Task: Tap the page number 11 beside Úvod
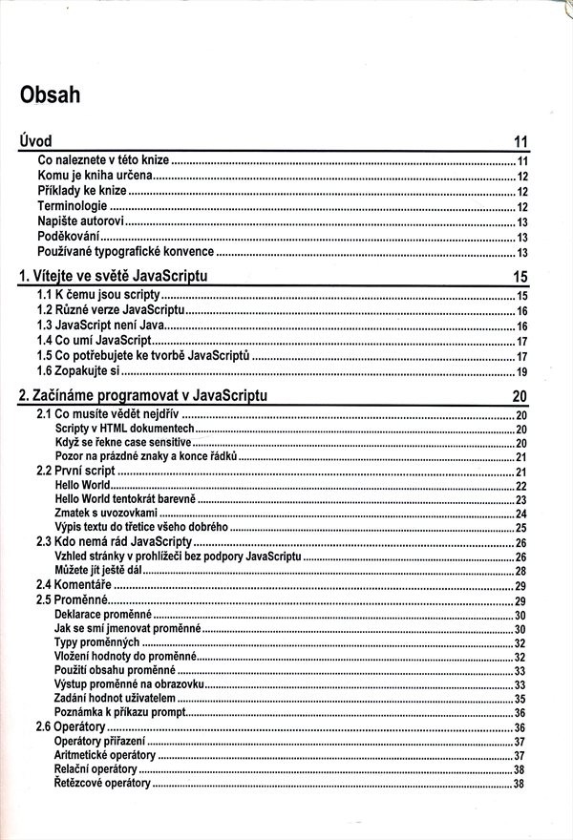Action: coord(520,142)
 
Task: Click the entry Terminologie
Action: coord(73,206)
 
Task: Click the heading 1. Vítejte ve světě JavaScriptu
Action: coord(114,277)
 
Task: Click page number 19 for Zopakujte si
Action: coord(522,372)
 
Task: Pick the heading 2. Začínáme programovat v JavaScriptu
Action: coord(142,396)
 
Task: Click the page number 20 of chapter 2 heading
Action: coord(520,397)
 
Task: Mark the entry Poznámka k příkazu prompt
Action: coord(124,712)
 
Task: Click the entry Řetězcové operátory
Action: coord(103,784)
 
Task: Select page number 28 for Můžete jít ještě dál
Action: coord(522,571)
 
